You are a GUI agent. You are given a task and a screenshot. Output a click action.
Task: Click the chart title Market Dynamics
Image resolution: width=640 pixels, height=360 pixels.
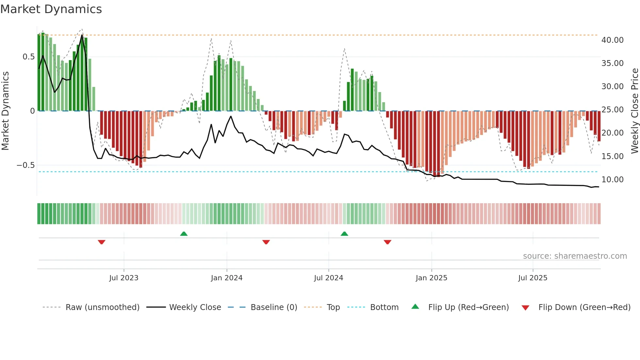51,9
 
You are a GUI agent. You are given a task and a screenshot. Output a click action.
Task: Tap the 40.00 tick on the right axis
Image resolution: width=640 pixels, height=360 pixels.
612,40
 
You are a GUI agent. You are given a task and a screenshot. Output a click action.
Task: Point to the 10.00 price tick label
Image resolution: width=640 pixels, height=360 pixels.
612,180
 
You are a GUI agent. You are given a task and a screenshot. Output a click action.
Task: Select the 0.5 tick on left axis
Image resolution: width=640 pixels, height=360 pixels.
29,57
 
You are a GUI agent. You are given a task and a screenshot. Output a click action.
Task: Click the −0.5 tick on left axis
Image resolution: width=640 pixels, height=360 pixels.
25,165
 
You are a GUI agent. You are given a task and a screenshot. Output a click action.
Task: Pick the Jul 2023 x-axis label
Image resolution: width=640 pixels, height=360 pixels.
124,278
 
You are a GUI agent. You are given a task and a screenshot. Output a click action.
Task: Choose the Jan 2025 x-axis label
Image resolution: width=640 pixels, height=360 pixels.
431,278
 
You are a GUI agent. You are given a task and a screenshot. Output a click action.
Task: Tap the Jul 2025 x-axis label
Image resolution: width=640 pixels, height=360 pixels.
533,278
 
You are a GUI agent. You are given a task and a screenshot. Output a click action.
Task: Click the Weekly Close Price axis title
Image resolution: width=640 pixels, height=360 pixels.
634,111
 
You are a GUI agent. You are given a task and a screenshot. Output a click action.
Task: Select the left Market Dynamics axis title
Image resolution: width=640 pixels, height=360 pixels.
5,111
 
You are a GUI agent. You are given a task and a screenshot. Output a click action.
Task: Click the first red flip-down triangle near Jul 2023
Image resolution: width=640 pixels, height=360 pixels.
102,242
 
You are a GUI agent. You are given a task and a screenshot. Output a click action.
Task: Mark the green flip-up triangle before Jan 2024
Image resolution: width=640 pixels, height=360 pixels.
184,234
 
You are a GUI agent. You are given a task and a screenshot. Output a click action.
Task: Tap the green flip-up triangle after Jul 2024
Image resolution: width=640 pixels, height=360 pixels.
344,234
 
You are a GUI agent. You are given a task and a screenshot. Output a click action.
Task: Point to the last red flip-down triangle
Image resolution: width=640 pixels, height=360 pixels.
388,242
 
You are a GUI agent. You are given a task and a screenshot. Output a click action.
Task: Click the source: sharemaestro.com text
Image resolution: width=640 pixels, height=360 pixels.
575,256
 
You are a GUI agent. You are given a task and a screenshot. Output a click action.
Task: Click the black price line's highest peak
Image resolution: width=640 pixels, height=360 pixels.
82,35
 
